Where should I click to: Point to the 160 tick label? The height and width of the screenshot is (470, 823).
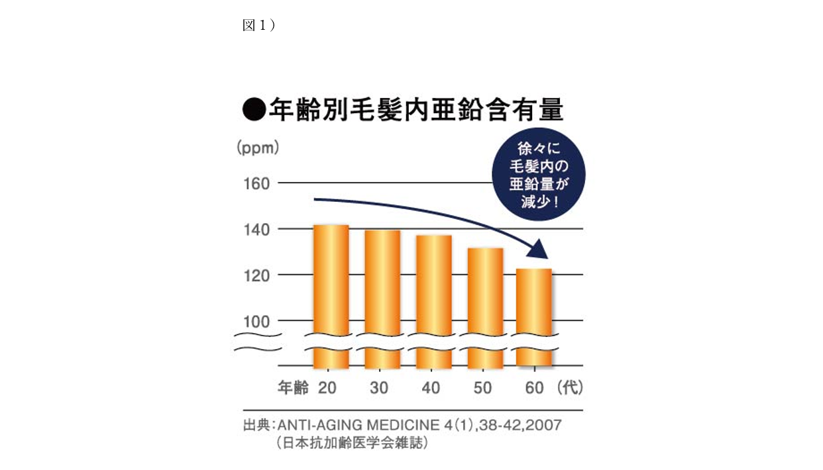point(256,183)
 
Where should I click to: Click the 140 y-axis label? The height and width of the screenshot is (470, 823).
point(256,230)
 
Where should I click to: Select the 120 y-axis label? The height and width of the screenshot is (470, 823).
point(256,275)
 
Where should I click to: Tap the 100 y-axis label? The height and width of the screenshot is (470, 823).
point(256,322)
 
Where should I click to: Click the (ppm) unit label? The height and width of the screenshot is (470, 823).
point(258,148)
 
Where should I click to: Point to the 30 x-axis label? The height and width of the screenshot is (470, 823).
point(379,388)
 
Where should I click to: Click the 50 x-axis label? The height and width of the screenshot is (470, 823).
point(482,388)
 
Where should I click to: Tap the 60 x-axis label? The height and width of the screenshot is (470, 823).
point(534,388)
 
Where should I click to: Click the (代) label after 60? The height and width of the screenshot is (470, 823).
point(571,388)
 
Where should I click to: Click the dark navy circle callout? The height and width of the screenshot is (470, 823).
point(538,174)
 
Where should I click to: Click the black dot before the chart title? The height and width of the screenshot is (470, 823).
point(254,109)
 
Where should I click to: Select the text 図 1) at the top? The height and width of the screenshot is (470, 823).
point(259,25)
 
